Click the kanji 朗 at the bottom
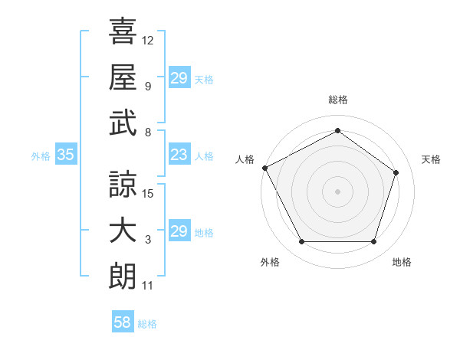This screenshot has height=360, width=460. [x=123, y=276]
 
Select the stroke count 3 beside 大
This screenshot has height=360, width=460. [x=148, y=240]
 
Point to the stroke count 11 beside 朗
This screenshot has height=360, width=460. [x=148, y=286]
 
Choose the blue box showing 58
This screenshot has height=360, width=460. [x=123, y=322]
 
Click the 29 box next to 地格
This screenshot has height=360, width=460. [x=179, y=232]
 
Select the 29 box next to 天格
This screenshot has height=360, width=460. [x=179, y=78]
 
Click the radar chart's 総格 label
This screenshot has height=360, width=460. [x=337, y=100]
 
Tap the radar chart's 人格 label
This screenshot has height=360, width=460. [x=245, y=159]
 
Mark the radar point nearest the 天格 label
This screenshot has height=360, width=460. [x=396, y=172]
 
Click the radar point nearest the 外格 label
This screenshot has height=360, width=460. [x=301, y=242]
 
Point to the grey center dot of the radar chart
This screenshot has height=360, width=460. [x=337, y=191]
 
